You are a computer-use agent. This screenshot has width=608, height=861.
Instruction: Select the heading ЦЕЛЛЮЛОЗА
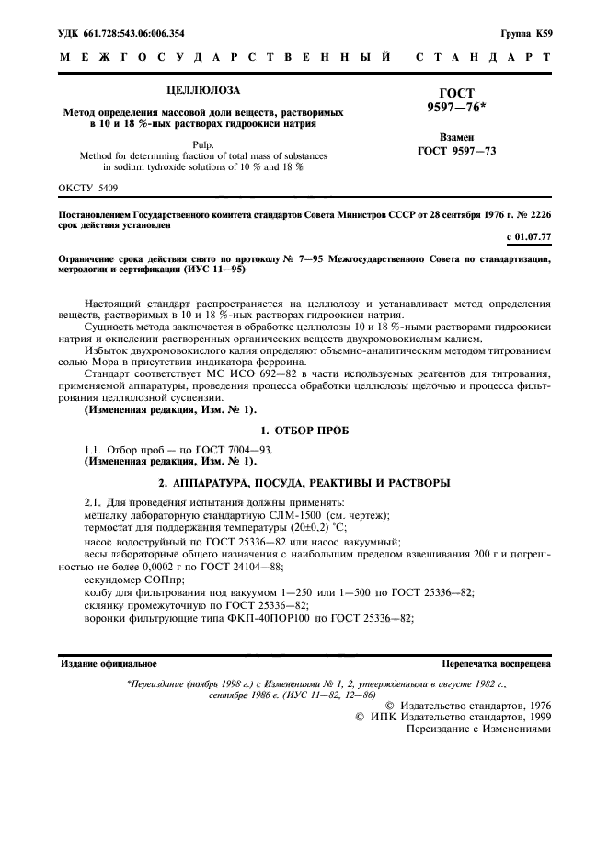(201, 90)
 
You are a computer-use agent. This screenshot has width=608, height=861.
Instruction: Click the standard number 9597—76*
(456, 108)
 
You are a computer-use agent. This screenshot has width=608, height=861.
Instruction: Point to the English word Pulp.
(202, 144)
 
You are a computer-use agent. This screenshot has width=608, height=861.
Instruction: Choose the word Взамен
(456, 135)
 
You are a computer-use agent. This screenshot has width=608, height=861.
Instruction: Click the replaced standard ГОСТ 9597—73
(456, 150)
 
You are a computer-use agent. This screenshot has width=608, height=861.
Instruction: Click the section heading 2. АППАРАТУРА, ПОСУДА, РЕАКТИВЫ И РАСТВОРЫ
(304, 483)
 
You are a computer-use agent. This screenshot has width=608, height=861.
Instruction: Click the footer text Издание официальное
(109, 662)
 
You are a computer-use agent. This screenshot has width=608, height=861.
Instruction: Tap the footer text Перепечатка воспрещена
(496, 662)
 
